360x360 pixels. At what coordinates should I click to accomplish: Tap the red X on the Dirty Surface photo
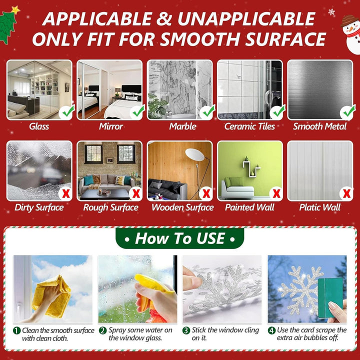pyautogui.click(x=66, y=193)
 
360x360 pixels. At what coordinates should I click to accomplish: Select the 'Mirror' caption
pyautogui.click(x=111, y=126)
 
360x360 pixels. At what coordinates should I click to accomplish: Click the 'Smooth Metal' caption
pyautogui.click(x=319, y=126)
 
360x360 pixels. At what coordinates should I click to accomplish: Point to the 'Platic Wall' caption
pyautogui.click(x=319, y=207)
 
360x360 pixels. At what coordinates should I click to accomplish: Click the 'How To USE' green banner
pyautogui.click(x=180, y=238)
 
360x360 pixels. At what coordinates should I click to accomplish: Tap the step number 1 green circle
pyautogui.click(x=17, y=330)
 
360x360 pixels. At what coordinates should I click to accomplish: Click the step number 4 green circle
pyautogui.click(x=271, y=330)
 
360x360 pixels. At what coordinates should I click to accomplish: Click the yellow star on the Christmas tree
pyautogui.click(x=15, y=10)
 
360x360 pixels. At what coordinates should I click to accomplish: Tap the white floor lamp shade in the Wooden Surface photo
pyautogui.click(x=195, y=154)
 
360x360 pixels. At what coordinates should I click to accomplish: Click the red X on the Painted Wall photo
pyautogui.click(x=276, y=193)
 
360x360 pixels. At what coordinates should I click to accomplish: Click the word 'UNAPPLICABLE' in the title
pyautogui.click(x=246, y=19)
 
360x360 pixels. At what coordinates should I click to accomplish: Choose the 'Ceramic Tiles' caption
pyautogui.click(x=249, y=126)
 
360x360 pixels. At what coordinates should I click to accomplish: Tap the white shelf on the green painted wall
pyautogui.click(x=251, y=169)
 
